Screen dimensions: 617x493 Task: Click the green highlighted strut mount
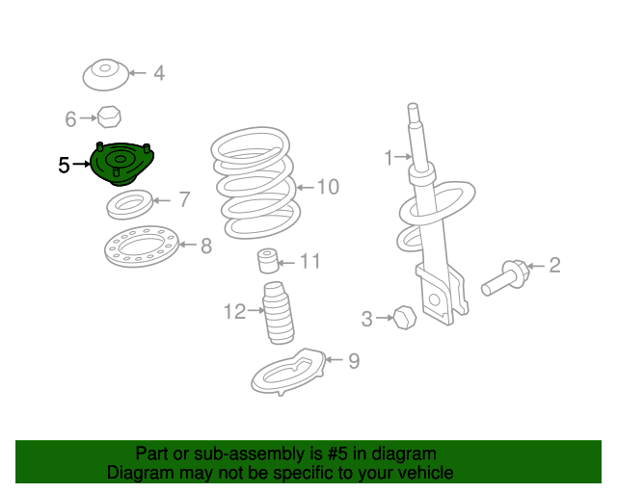pos(121,164)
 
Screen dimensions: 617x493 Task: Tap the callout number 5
pos(64,165)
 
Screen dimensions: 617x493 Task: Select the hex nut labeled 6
pos(109,117)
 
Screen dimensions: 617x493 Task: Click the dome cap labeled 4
pos(105,75)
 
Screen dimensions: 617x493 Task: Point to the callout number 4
pos(159,73)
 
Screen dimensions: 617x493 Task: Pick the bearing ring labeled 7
pos(130,204)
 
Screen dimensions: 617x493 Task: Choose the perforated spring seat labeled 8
pos(142,246)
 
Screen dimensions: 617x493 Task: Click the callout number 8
pos(206,246)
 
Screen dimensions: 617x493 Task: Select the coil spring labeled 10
pos(255,182)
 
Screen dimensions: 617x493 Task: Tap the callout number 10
pos(328,187)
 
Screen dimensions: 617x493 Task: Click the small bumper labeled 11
pos(268,260)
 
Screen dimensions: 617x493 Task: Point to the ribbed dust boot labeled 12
pos(278,313)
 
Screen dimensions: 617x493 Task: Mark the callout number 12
pos(235,311)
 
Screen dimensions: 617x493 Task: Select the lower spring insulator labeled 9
pos(288,372)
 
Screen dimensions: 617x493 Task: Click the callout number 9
pos(354,361)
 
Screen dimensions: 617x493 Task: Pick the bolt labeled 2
pos(505,277)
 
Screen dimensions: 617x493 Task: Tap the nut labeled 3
pos(405,317)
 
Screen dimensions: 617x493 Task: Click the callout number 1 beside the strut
pos(389,158)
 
